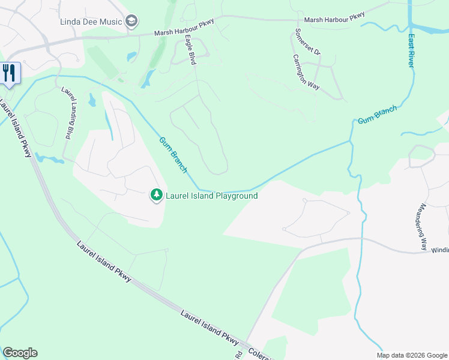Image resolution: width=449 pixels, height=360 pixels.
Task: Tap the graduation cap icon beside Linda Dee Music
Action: [x=131, y=23]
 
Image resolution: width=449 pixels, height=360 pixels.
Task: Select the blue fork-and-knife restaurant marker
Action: [x=9, y=73]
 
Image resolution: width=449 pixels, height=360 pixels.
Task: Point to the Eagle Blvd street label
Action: [x=190, y=47]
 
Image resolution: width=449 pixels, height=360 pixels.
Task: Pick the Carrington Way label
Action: [x=306, y=72]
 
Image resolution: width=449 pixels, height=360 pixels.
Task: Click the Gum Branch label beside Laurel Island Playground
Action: [x=173, y=155]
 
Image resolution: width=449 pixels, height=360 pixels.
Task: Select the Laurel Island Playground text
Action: [x=212, y=196]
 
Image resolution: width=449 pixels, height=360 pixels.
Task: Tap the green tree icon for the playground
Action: [x=156, y=195]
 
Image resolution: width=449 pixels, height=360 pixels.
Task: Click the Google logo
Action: [x=20, y=353]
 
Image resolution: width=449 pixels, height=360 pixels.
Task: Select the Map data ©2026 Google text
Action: [x=412, y=355]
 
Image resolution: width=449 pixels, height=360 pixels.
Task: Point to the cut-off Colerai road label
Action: [x=258, y=353]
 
